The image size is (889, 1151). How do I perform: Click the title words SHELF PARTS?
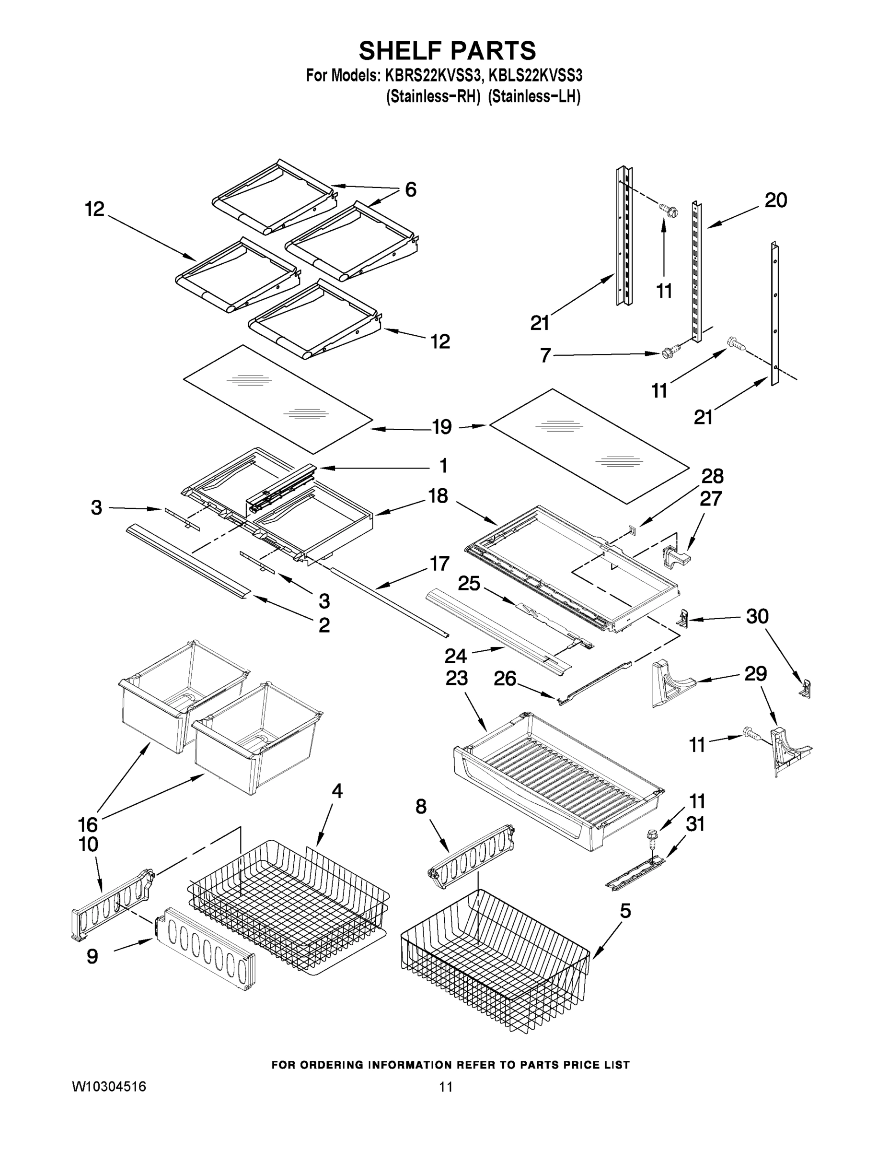[x=447, y=51]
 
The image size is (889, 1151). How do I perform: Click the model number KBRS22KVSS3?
[x=433, y=76]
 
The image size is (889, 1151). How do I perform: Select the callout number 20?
[x=775, y=200]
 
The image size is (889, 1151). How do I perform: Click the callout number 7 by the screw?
[x=545, y=355]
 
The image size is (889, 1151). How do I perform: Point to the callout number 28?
[x=712, y=476]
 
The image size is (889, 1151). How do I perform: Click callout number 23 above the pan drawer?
[x=456, y=678]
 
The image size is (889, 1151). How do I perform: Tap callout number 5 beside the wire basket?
[x=625, y=911]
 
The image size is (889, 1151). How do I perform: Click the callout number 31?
[x=695, y=824]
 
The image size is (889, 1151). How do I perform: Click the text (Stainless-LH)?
[x=534, y=97]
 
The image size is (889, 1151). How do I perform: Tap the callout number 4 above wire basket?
[x=337, y=790]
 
